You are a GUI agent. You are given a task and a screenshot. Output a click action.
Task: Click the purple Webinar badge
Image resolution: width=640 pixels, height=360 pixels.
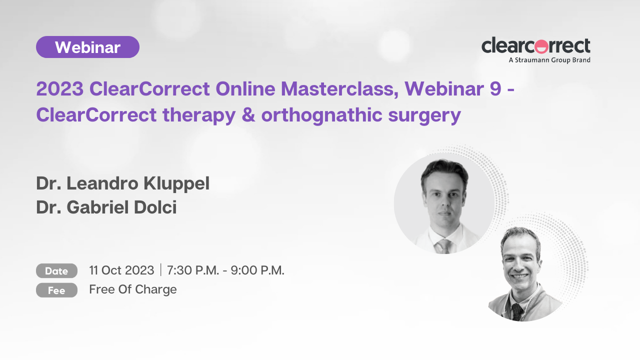[87, 47]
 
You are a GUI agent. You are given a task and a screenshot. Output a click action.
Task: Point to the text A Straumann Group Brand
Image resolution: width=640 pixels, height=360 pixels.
[549, 60]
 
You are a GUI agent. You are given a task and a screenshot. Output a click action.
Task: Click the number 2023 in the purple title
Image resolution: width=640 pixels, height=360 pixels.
[59, 88]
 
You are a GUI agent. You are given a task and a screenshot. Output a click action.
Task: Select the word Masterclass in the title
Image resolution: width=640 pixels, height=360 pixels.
[339, 89]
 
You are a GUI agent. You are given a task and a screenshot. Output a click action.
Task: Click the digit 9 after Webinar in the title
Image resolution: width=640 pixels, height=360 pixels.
[495, 88]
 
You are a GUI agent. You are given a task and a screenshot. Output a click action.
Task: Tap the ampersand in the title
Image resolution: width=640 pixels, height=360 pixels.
[248, 115]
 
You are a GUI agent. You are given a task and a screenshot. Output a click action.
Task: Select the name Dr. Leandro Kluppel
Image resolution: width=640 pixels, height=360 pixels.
[123, 183]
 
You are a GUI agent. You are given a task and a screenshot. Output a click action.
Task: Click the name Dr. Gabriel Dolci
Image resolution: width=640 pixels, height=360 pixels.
[106, 207]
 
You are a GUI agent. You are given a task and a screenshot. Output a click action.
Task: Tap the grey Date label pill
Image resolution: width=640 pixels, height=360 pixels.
[56, 271]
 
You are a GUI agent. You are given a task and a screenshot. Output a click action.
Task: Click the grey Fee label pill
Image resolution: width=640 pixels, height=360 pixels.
[56, 290]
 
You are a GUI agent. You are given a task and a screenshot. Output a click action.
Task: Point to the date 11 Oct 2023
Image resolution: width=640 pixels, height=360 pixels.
[121, 270]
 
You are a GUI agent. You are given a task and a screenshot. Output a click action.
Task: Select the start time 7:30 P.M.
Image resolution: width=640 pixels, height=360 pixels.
[193, 270]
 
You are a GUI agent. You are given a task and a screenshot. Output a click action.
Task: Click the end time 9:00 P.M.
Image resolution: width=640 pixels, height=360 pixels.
[257, 270]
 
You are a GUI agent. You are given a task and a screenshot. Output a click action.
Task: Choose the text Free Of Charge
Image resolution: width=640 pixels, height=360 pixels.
[133, 289]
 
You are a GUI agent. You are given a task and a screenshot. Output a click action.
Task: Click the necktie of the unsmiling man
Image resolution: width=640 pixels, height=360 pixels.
[443, 246]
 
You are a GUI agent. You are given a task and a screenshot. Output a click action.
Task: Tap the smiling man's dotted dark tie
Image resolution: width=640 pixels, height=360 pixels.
[517, 312]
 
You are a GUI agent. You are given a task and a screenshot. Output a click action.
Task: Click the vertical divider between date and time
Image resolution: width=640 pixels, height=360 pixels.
[161, 270]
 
